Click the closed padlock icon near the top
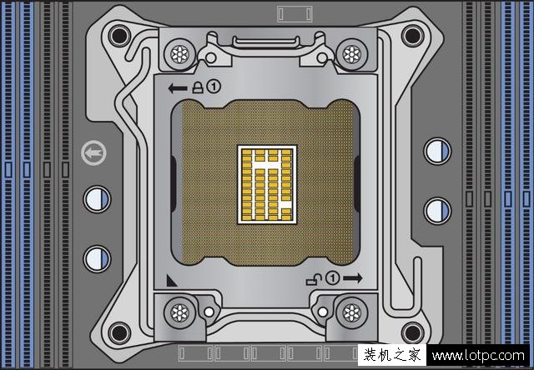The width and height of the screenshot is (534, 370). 198,87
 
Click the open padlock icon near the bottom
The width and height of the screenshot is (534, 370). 314,279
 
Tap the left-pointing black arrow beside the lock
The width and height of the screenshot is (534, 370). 178,88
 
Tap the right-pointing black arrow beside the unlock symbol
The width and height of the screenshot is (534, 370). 353,278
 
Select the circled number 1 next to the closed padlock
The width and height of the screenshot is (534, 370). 214,87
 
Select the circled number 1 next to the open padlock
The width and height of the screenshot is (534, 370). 332,277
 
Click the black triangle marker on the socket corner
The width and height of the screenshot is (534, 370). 171,281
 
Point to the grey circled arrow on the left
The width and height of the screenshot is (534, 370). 93,152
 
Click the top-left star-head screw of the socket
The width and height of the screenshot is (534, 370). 179,54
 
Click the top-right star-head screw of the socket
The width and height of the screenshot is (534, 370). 352,54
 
